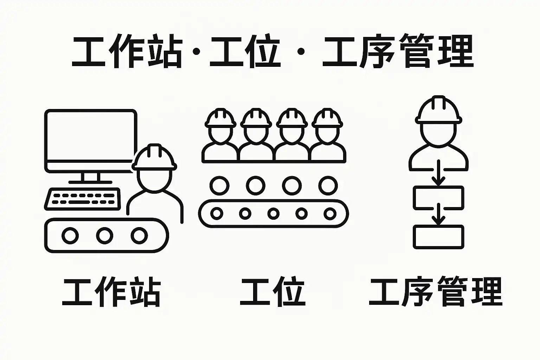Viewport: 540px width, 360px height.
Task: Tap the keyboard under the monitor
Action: click(x=83, y=199)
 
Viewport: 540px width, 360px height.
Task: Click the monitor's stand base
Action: click(x=90, y=182)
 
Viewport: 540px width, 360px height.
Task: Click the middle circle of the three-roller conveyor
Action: click(x=105, y=235)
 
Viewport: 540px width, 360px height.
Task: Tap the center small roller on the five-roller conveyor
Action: click(x=274, y=214)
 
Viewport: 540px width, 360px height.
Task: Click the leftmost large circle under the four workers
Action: click(x=219, y=186)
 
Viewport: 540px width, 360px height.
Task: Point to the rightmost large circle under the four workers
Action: click(x=328, y=186)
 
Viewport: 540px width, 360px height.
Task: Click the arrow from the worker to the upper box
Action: click(x=438, y=173)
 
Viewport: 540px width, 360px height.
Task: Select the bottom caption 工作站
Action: click(x=111, y=292)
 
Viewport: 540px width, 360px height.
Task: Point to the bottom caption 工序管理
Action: click(x=436, y=292)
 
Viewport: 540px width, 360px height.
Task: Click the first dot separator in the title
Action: click(x=197, y=51)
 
